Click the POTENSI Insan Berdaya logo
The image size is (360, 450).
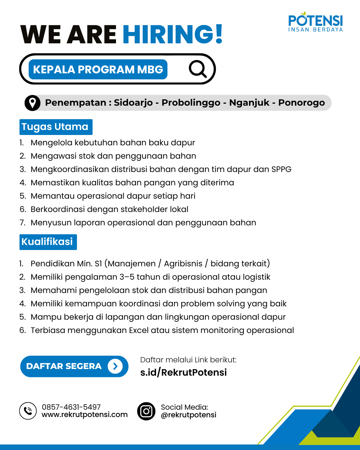315,23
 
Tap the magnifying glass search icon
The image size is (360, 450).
198,69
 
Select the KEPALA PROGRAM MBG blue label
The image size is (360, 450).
98,69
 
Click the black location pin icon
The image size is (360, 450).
32,103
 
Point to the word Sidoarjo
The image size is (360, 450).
133,103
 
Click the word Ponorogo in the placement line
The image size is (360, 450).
301,103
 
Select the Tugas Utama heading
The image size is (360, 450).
55,127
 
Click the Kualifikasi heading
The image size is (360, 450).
48,242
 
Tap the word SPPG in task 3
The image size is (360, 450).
281,169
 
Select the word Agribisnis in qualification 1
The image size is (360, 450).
183,264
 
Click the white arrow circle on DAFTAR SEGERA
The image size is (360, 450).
115,366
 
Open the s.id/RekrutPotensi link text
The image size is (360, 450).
183,372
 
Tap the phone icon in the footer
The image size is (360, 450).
28,411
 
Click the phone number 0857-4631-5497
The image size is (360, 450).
71,407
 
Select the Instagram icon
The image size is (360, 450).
146,411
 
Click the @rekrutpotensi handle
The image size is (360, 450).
188,415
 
